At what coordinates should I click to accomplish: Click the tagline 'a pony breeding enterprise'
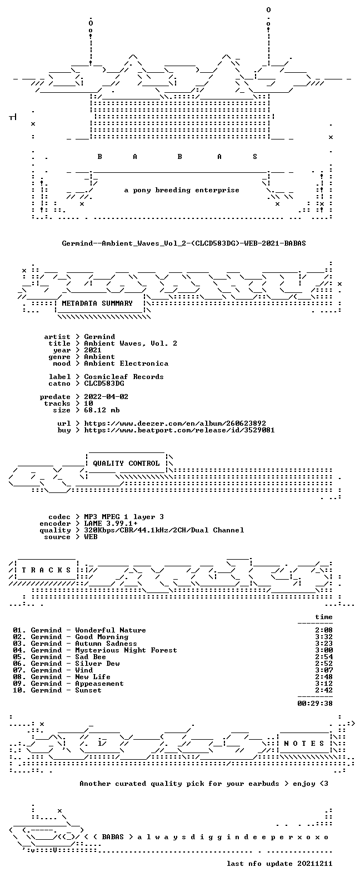(182, 191)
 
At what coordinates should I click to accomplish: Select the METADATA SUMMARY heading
(97, 303)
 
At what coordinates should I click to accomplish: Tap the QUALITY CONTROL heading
(126, 464)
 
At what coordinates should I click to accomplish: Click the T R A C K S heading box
(46, 570)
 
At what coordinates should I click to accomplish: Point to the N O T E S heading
(304, 744)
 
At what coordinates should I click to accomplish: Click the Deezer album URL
(175, 423)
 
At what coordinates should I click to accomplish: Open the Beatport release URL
(179, 430)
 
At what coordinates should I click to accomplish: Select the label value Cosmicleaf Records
(124, 377)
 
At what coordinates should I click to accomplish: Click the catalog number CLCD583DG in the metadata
(104, 383)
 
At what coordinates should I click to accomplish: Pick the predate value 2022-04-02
(106, 397)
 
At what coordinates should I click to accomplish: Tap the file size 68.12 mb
(102, 410)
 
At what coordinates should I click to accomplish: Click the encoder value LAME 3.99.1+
(111, 524)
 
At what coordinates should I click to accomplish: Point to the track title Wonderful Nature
(111, 630)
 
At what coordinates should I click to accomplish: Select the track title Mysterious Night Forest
(126, 650)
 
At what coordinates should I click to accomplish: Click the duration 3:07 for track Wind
(324, 670)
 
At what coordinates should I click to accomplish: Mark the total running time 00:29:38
(315, 704)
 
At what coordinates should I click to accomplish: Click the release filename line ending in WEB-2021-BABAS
(184, 243)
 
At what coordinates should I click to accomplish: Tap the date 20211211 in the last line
(315, 864)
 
